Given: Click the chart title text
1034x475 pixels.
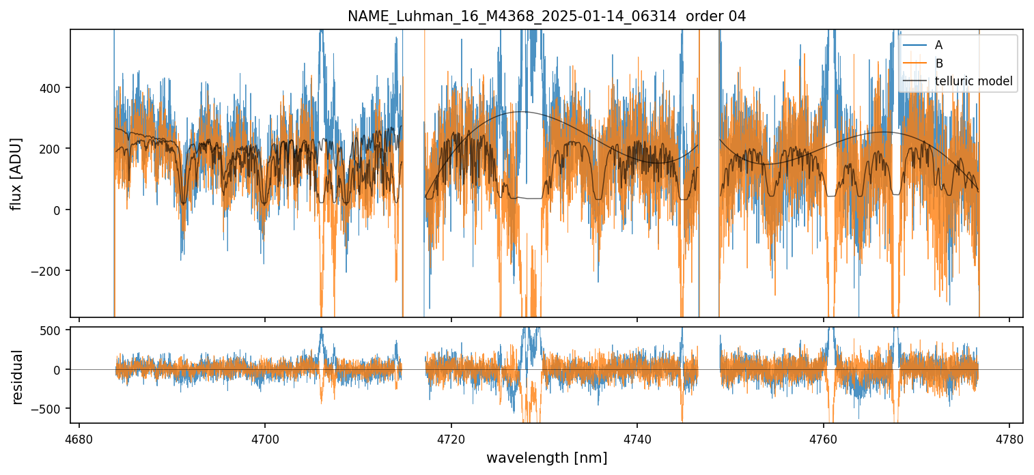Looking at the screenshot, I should [x=546, y=16].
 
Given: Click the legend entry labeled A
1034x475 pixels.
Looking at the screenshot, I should [x=938, y=45].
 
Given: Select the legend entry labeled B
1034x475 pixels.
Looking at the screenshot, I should [x=938, y=63].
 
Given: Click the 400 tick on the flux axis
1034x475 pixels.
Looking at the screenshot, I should [x=53, y=88].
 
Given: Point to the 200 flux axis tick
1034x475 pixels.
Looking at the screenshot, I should [x=53, y=149].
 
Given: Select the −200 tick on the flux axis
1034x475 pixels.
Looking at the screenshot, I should [x=49, y=271].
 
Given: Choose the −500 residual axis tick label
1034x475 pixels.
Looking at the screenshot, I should [x=49, y=409].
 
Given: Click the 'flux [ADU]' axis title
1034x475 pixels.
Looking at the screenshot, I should [x=16, y=173].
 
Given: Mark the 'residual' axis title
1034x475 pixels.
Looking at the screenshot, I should [x=16, y=377].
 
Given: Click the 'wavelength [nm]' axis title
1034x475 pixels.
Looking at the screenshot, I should [x=546, y=458].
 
